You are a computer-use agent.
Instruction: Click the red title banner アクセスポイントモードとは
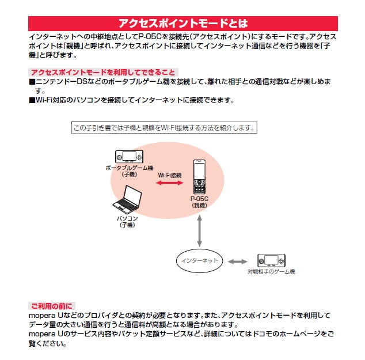[x=182, y=23]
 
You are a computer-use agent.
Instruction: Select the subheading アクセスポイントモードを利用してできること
[x=102, y=72]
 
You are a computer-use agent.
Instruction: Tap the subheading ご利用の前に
[x=51, y=305]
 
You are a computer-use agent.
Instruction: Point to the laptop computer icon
[x=128, y=199]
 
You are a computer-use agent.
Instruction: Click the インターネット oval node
[x=199, y=261]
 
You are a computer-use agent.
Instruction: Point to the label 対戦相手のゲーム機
[x=271, y=271]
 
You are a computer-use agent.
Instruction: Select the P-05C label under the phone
[x=199, y=199]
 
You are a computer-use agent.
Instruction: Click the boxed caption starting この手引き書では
[x=164, y=128]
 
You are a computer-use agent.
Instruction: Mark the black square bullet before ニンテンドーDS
[x=32, y=82]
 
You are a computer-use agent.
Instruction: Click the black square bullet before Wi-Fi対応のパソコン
[x=32, y=100]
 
